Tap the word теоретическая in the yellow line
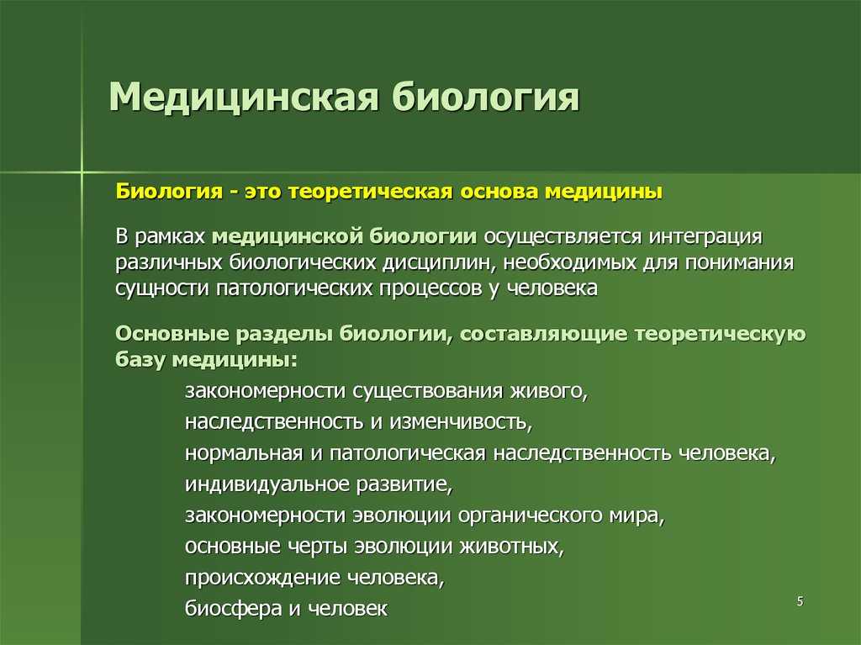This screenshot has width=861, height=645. (x=370, y=192)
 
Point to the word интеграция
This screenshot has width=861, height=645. (x=705, y=237)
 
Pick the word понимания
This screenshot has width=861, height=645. (x=739, y=262)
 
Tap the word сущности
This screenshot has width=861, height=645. (x=162, y=288)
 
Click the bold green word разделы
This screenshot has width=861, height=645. (x=283, y=334)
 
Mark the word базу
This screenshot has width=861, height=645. (x=140, y=360)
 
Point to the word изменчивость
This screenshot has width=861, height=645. (x=461, y=422)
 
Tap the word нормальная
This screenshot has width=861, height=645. (x=244, y=453)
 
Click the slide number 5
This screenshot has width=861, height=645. (x=800, y=601)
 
